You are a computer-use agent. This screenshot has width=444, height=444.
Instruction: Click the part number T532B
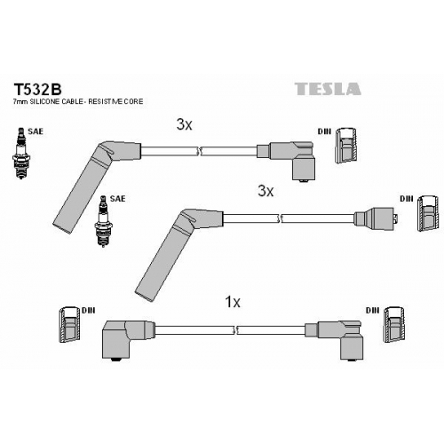37,89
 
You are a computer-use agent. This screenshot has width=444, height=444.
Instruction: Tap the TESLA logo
328,89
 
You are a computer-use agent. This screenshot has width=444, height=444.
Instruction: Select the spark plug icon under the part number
20,153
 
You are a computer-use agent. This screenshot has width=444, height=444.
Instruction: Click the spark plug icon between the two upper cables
103,221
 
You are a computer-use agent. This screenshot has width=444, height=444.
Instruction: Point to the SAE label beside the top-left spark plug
36,131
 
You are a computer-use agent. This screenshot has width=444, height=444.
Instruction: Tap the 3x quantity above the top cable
184,124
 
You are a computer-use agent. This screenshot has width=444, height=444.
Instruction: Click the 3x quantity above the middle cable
266,191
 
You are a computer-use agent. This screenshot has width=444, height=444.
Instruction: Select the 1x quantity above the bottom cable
233,302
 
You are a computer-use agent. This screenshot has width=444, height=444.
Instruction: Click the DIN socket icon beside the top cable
346,146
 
